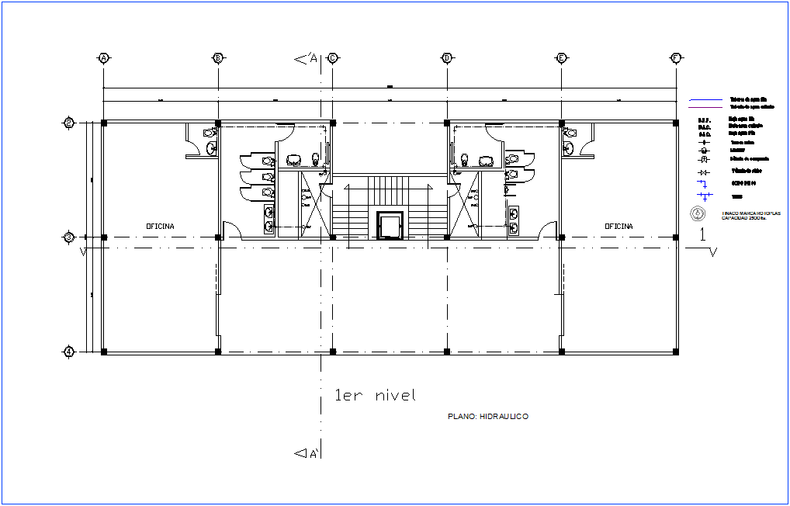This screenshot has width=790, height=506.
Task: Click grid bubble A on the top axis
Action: (103, 58)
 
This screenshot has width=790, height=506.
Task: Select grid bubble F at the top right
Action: (675, 58)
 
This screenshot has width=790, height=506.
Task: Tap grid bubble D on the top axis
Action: (447, 58)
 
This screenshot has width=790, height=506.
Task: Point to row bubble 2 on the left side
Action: (69, 123)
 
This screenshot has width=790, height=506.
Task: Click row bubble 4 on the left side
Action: (69, 352)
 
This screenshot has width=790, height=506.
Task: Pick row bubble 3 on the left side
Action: (69, 237)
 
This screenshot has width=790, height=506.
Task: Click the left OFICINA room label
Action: (161, 226)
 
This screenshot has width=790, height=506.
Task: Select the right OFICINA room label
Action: (618, 226)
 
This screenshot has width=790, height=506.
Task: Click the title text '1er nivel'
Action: (375, 396)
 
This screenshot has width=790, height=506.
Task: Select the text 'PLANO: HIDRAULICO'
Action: (488, 417)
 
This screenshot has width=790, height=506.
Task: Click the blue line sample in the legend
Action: (705, 100)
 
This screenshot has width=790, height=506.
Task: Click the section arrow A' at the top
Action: (303, 58)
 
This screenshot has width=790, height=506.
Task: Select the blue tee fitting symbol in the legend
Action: (704, 196)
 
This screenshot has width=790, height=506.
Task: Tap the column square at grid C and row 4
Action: (332, 352)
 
